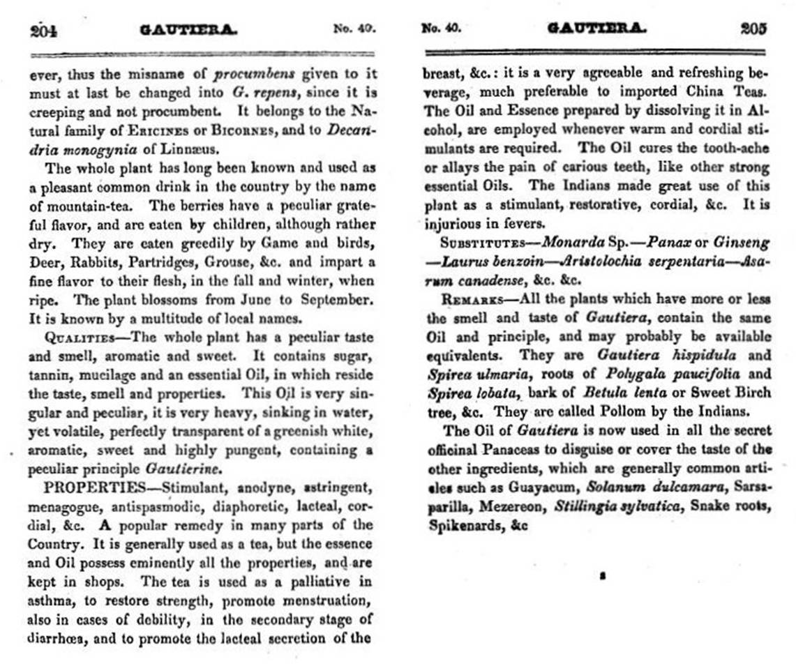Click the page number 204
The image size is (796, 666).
tap(43, 30)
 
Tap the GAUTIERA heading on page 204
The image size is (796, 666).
tap(188, 30)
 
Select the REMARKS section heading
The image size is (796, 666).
tap(470, 300)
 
